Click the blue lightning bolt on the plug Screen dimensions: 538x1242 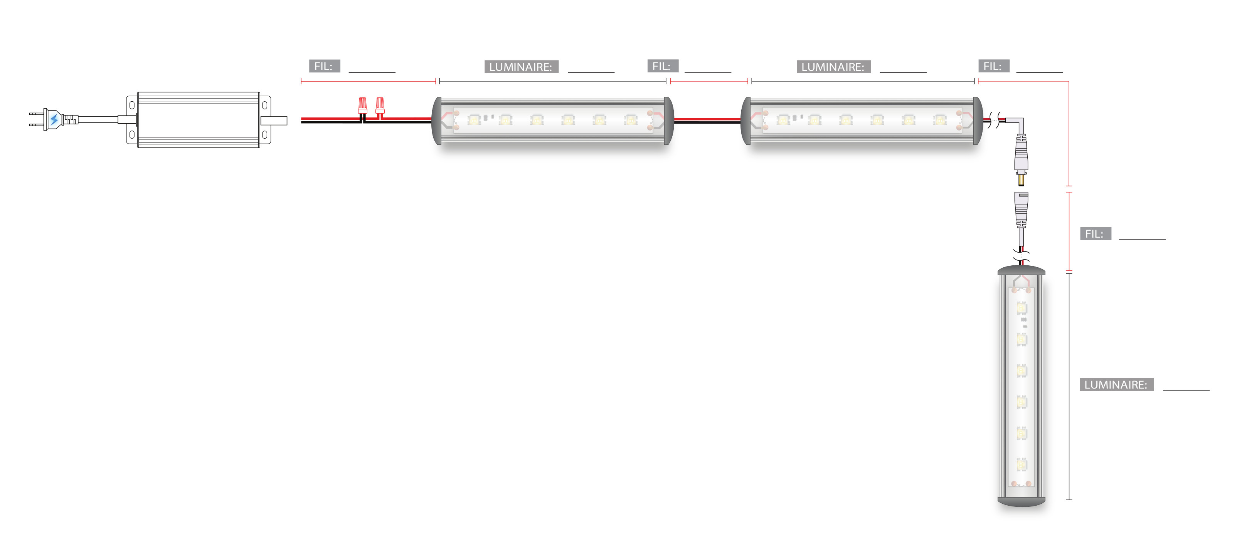click(x=54, y=119)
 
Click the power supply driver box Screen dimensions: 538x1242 click(x=199, y=119)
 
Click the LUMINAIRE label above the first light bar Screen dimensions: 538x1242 click(x=521, y=67)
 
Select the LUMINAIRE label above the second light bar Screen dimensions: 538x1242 click(x=833, y=67)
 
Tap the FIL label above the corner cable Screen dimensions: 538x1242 click(x=993, y=67)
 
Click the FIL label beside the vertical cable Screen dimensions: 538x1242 click(x=1095, y=234)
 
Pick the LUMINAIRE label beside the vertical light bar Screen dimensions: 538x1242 click(x=1116, y=385)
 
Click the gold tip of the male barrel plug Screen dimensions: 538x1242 click(x=1021, y=181)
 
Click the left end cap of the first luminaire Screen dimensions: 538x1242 click(x=437, y=121)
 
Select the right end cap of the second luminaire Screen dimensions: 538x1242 click(x=977, y=121)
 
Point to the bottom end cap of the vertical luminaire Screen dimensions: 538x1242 click(x=1021, y=502)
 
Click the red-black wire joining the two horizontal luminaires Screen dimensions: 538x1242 click(x=707, y=121)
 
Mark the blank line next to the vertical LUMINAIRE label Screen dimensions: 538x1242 click(x=1186, y=388)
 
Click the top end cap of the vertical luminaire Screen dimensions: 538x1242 click(x=1021, y=271)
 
